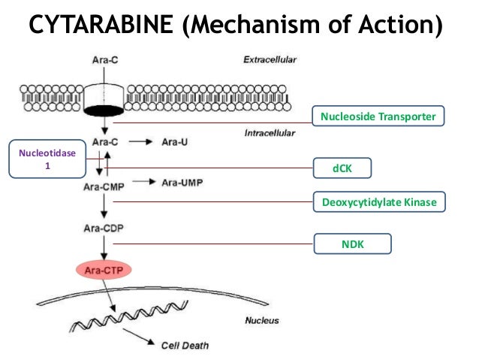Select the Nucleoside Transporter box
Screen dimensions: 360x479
(378, 116)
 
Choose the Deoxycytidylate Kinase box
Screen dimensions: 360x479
(378, 202)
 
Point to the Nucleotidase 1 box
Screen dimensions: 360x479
(47, 159)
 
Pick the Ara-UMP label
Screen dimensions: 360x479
(184, 183)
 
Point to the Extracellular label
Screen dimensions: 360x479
(270, 59)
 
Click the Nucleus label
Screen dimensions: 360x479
(262, 320)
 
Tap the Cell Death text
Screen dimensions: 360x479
(185, 346)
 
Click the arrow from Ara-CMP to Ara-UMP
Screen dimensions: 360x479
(142, 183)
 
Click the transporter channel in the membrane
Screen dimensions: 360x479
(104, 100)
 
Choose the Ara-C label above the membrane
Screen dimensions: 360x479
(104, 59)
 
